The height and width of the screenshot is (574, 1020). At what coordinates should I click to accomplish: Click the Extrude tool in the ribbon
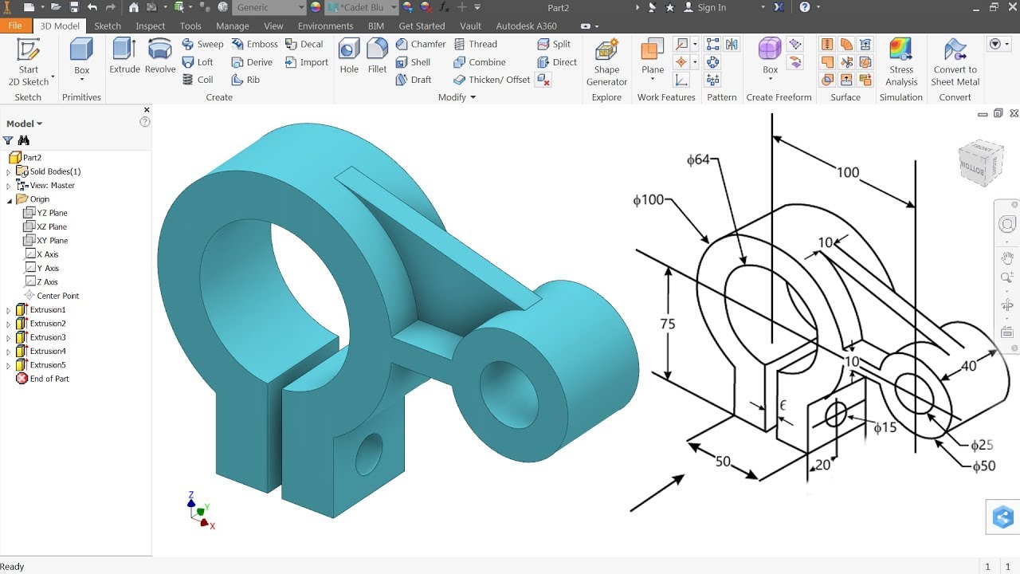[124, 57]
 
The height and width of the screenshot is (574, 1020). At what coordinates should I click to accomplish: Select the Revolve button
[160, 57]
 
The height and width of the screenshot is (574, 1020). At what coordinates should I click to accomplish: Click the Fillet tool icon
[377, 57]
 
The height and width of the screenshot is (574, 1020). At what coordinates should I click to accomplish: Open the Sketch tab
[108, 26]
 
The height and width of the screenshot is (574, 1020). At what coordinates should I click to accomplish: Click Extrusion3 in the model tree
[48, 337]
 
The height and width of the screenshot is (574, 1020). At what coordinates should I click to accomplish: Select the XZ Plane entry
[52, 226]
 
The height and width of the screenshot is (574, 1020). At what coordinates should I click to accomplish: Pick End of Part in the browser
[49, 379]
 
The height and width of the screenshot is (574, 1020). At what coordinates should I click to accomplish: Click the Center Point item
[57, 296]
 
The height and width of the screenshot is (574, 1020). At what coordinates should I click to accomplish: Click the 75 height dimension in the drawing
[668, 324]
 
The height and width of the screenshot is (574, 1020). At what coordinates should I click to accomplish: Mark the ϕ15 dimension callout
[885, 428]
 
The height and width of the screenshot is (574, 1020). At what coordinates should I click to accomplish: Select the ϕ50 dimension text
[983, 466]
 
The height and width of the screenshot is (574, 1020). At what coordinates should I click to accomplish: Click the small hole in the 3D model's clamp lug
[368, 454]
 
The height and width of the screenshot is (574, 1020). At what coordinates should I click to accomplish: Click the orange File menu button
[15, 26]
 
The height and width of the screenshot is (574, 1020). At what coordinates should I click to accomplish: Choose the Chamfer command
[420, 44]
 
